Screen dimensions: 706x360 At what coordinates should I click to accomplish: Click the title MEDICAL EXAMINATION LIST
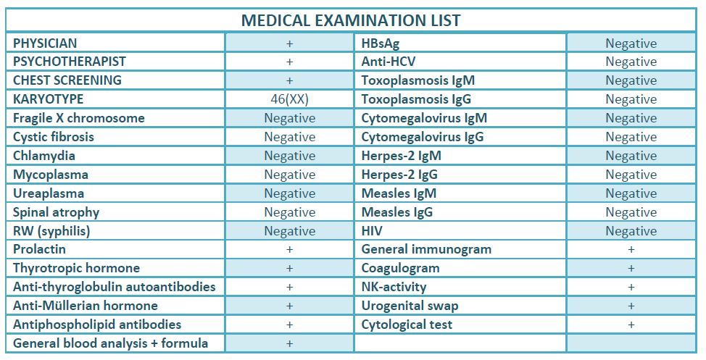pyautogui.click(x=351, y=20)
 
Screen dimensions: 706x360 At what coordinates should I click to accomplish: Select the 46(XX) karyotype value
pyautogui.click(x=289, y=99)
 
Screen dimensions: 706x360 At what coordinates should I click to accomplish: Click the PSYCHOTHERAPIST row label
pyautogui.click(x=70, y=62)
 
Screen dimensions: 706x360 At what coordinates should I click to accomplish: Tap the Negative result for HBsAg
pyautogui.click(x=631, y=43)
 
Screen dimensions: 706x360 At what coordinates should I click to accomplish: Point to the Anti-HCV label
pyautogui.click(x=389, y=62)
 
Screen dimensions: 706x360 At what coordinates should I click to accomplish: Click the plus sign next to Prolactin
pyautogui.click(x=289, y=250)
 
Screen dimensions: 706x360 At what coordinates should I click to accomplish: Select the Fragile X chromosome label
pyautogui.click(x=79, y=118)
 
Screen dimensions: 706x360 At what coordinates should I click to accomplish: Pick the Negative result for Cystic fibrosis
pyautogui.click(x=289, y=137)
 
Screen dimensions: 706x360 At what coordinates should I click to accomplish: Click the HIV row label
pyautogui.click(x=372, y=231)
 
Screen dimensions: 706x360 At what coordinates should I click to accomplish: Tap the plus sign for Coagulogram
pyautogui.click(x=631, y=269)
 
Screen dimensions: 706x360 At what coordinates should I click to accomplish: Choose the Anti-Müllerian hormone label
pyautogui.click(x=86, y=306)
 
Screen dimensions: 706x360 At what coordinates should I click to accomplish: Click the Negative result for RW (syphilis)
pyautogui.click(x=289, y=231)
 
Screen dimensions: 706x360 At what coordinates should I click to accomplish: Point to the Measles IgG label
pyautogui.click(x=397, y=212)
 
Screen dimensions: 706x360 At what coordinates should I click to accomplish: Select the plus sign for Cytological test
pyautogui.click(x=631, y=325)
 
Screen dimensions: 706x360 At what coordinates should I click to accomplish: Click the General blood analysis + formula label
pyautogui.click(x=110, y=343)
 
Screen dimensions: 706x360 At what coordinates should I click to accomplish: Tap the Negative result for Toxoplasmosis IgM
pyautogui.click(x=631, y=80)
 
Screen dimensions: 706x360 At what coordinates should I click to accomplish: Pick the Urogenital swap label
pyautogui.click(x=410, y=306)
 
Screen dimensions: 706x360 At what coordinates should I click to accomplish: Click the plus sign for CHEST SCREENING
pyautogui.click(x=289, y=80)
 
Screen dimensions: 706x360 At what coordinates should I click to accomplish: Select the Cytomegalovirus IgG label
pyautogui.click(x=423, y=137)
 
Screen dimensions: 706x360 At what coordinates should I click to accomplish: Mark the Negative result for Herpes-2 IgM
pyautogui.click(x=631, y=156)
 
